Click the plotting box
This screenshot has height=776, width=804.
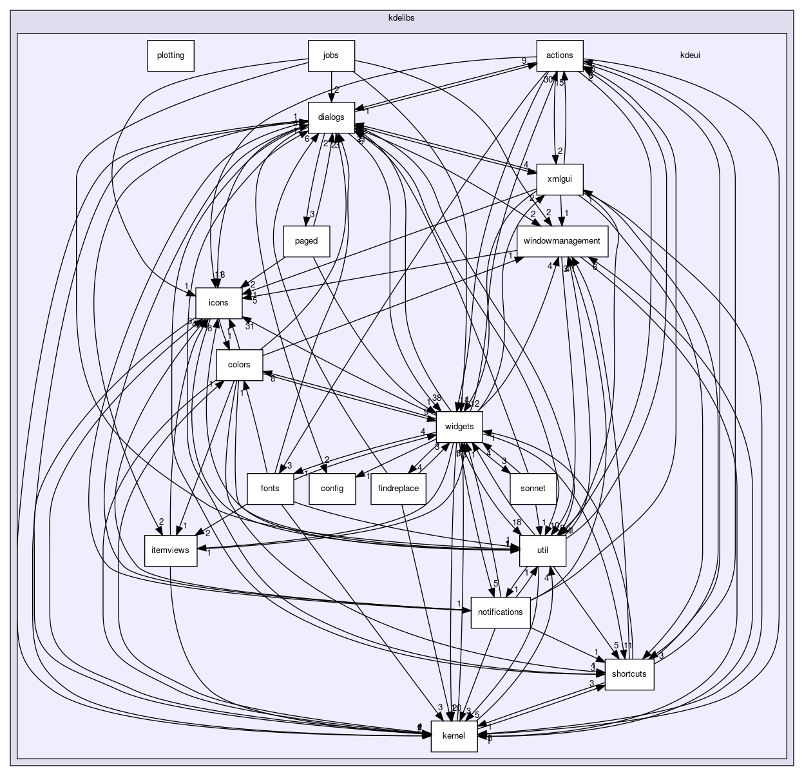(x=171, y=55)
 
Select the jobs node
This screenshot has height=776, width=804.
(x=331, y=55)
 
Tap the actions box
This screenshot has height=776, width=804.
(x=560, y=55)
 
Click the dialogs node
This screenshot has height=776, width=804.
(x=331, y=117)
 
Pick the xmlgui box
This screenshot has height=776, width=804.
(x=560, y=179)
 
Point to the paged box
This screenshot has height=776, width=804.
(x=307, y=241)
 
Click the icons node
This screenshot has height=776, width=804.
(x=218, y=303)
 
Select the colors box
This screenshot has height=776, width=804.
(x=238, y=365)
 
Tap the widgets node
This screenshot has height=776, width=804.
(x=459, y=427)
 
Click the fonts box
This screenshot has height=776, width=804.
(x=270, y=489)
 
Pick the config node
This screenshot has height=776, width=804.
(x=332, y=489)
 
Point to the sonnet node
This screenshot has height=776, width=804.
(x=533, y=489)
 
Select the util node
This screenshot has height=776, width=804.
(x=542, y=550)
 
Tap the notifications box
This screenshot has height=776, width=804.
(x=501, y=612)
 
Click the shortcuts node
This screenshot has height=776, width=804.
(x=629, y=674)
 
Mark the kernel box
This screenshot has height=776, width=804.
(x=454, y=736)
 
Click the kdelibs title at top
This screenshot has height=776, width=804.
(x=401, y=17)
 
